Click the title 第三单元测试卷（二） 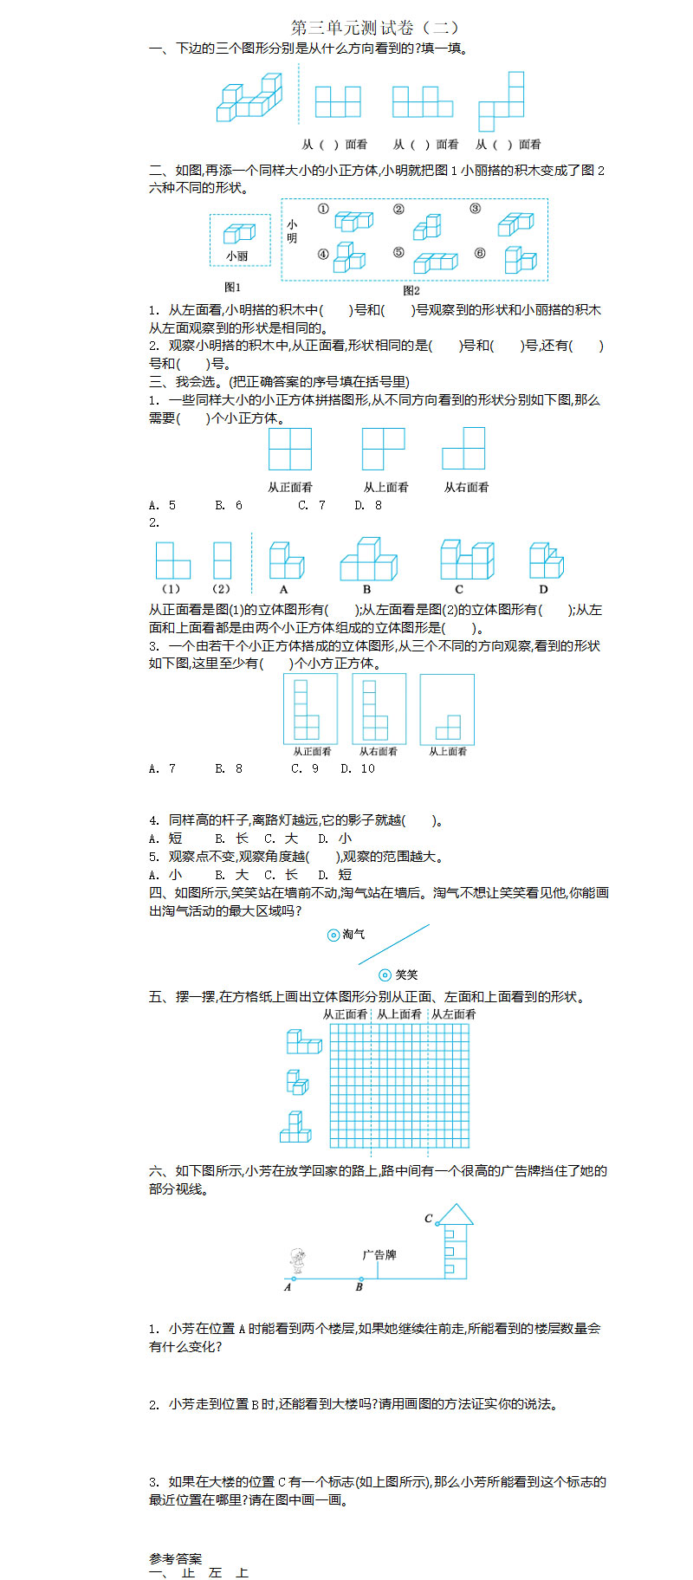375,28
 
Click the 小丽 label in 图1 237,256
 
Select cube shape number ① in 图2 353,221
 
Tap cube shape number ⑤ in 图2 435,261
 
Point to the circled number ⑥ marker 480,254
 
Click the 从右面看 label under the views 466,487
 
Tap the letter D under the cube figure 543,589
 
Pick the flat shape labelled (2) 222,560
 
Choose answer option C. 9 305,768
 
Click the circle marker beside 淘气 333,936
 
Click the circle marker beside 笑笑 386,975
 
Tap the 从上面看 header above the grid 398,1013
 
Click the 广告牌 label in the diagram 379,1254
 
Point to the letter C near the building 428,1218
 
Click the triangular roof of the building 454,1213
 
